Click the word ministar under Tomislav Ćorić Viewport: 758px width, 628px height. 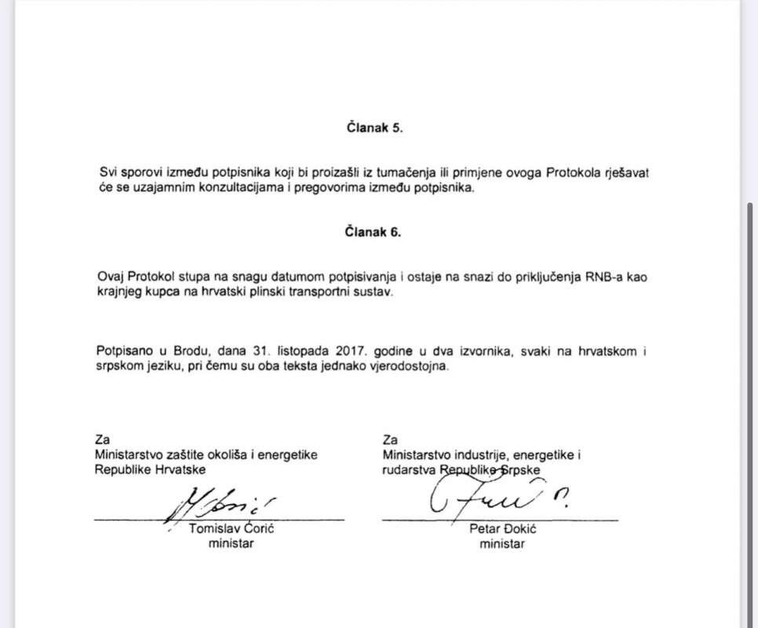point(231,544)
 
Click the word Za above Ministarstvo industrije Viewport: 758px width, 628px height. point(390,439)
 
